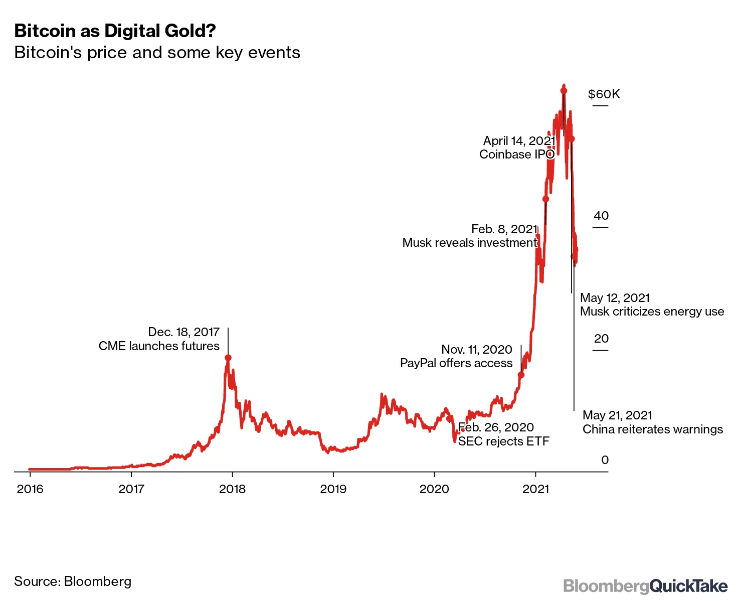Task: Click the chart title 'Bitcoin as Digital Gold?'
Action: (115, 31)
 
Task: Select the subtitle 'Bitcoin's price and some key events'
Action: (157, 53)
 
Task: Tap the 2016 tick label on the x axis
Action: (30, 489)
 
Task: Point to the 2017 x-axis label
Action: (131, 489)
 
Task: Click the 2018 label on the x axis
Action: (233, 489)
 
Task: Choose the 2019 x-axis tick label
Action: (333, 489)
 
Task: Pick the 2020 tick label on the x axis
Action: (434, 489)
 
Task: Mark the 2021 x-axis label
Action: (536, 489)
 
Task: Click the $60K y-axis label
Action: (604, 94)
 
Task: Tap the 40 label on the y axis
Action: (601, 216)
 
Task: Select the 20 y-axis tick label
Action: (601, 339)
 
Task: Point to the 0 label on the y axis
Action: (605, 460)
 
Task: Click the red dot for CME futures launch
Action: (228, 358)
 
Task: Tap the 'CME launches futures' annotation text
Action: (159, 346)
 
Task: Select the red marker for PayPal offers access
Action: (521, 375)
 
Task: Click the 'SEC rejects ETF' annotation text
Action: (503, 441)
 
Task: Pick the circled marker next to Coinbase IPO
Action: (550, 154)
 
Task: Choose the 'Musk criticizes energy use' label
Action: (652, 312)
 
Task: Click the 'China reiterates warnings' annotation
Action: (652, 429)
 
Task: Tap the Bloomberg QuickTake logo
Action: (645, 586)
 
